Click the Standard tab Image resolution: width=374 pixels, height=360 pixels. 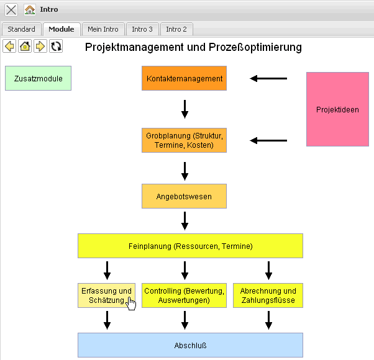(x=21, y=29)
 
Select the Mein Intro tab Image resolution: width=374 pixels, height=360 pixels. (x=103, y=29)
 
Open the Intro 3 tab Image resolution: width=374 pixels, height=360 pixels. (x=142, y=29)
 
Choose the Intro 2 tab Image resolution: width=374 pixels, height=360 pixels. (x=176, y=29)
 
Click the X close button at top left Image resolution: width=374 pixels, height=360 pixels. (x=11, y=10)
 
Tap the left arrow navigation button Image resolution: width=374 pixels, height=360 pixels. (x=10, y=46)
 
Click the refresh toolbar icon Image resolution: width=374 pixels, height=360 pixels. (x=56, y=46)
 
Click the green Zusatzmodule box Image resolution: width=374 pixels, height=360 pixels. (x=38, y=79)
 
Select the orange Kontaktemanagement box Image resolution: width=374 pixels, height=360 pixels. (x=185, y=79)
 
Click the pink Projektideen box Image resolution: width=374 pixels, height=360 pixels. (x=337, y=109)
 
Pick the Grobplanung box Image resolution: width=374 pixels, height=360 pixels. (x=185, y=140)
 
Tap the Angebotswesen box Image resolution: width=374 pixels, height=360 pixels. (x=184, y=196)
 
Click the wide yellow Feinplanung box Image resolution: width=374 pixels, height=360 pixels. (x=190, y=246)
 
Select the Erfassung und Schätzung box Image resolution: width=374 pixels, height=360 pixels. (x=106, y=295)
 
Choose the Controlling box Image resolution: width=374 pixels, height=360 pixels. (x=185, y=295)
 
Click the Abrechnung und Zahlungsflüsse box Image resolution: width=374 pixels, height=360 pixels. (x=268, y=295)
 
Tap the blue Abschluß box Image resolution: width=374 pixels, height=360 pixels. (x=190, y=345)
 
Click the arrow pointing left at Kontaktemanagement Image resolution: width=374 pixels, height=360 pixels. (x=268, y=79)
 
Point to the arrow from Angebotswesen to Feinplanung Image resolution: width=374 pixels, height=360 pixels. (x=185, y=220)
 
